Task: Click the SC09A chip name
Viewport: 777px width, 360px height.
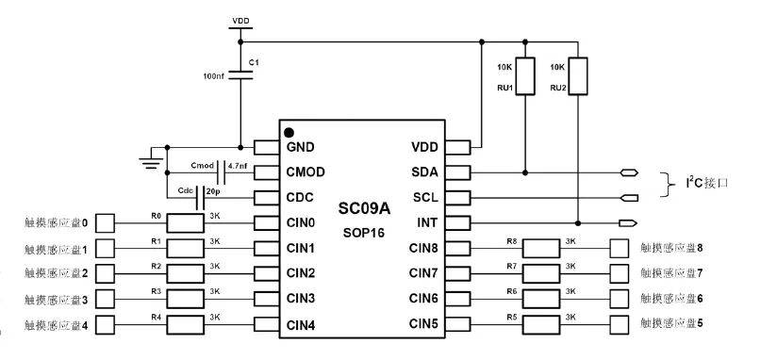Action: point(364,208)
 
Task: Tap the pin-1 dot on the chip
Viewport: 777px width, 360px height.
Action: point(289,133)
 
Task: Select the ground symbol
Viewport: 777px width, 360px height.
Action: point(151,159)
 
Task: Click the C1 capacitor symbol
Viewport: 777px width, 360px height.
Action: point(240,74)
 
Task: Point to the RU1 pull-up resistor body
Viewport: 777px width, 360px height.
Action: point(525,75)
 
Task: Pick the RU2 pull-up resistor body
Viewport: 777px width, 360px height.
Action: point(578,75)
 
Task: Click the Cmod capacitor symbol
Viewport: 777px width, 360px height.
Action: point(222,172)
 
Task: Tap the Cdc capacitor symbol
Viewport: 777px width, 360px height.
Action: point(201,198)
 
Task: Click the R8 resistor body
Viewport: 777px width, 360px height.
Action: point(541,249)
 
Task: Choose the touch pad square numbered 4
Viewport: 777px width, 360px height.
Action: point(105,325)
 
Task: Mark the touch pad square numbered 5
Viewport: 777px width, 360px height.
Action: point(620,324)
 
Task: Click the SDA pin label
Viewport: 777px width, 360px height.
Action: point(424,172)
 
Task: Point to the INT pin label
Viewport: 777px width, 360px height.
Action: point(427,222)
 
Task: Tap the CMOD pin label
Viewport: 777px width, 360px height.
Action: point(306,172)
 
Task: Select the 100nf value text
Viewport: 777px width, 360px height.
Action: point(213,76)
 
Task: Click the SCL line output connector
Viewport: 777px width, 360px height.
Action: point(629,198)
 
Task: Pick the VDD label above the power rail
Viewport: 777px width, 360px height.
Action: point(240,21)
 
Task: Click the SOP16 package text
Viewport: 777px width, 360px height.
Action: point(364,232)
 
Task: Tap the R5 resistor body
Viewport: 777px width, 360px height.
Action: point(541,324)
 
